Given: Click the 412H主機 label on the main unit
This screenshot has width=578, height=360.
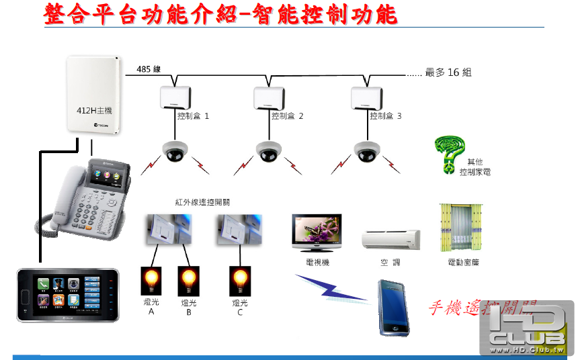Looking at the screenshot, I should coord(94,111).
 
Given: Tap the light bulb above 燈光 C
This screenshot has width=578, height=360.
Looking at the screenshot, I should coord(240,278).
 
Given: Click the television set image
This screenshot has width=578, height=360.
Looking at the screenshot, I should coord(317,234).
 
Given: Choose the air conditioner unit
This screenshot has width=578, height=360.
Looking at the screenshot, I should coord(391,240).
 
